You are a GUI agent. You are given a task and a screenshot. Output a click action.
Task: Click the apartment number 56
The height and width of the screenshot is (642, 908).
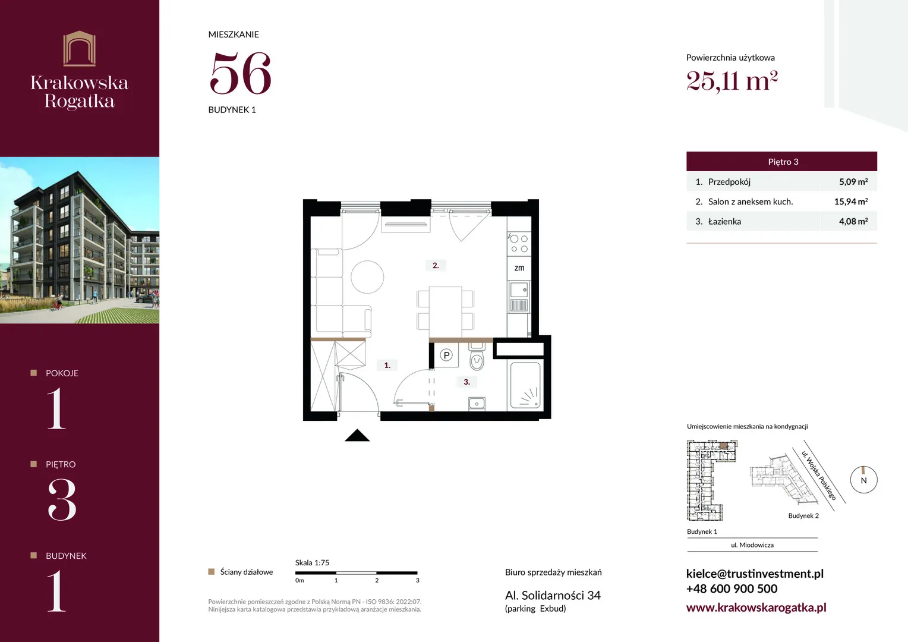pyautogui.click(x=241, y=73)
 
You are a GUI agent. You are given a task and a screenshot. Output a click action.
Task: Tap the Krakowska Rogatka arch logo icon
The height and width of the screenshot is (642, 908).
pyautogui.click(x=80, y=48)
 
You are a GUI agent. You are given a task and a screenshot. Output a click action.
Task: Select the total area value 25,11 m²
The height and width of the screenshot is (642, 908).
pyautogui.click(x=732, y=81)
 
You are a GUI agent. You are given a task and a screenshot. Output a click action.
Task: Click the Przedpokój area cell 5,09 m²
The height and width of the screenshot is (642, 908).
pyautogui.click(x=853, y=182)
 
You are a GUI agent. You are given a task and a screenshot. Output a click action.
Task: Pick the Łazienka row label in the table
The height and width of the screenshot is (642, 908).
pyautogui.click(x=724, y=222)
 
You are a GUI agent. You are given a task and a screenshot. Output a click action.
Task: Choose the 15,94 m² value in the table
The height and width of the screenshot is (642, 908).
pyautogui.click(x=851, y=202)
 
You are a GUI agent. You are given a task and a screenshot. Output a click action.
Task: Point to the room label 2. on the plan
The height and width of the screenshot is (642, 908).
pyautogui.click(x=436, y=265)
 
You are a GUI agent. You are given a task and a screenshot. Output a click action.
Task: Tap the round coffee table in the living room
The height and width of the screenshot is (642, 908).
pyautogui.click(x=367, y=276)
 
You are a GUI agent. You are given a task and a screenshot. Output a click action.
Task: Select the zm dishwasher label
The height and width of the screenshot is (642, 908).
pyautogui.click(x=519, y=267)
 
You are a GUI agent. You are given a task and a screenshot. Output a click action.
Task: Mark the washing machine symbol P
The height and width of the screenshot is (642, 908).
pyautogui.click(x=446, y=355)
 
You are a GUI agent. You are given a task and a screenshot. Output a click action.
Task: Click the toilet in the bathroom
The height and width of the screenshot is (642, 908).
pyautogui.click(x=477, y=356)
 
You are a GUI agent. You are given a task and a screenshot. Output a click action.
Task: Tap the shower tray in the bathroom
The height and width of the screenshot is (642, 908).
pyautogui.click(x=525, y=385)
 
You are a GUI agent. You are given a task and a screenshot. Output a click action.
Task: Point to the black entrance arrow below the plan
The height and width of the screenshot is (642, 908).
pyautogui.click(x=357, y=435)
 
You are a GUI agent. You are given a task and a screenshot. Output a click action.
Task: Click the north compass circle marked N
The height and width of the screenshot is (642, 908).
pyautogui.click(x=864, y=480)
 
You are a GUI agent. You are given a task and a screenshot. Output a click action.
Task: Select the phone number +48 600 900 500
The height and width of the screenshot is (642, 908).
pyautogui.click(x=732, y=588)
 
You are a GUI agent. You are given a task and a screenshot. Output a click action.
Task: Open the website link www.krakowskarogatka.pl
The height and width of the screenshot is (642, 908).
pyautogui.click(x=756, y=608)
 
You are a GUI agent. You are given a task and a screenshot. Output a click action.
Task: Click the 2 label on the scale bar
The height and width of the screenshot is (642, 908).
pyautogui.click(x=377, y=580)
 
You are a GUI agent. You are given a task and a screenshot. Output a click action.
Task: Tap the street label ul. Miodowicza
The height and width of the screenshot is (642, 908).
pyautogui.click(x=752, y=545)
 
